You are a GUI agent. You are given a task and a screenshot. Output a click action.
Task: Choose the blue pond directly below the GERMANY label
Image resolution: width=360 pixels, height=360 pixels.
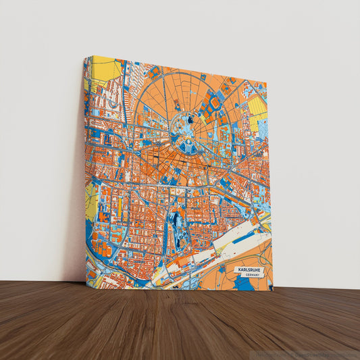(244, 284)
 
